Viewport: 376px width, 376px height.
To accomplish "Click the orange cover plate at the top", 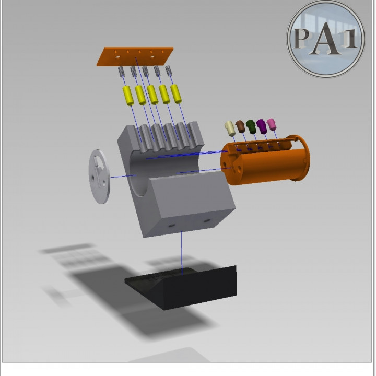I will tap(134, 56).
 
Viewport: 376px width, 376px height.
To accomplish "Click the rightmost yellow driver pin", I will tap(177, 93).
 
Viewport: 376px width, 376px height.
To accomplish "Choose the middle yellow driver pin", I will tap(152, 95).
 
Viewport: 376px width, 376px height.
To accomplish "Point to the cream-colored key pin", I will tap(229, 128).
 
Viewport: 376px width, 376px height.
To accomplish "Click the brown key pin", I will tap(240, 126).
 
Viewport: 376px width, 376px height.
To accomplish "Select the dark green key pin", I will tap(251, 125).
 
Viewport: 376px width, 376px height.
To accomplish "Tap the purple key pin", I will tap(262, 125).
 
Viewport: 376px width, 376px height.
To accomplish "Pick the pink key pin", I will tap(272, 124).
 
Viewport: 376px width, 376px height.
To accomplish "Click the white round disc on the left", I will tap(100, 177).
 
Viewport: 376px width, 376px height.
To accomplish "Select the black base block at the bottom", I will tap(180, 287).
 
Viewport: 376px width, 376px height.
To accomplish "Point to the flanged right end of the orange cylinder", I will tap(302, 158).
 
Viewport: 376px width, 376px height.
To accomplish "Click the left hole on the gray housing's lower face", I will tap(171, 225).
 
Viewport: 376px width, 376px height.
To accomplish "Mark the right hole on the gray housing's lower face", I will tap(207, 221).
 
